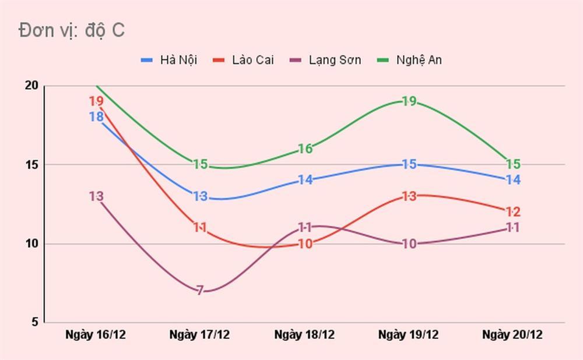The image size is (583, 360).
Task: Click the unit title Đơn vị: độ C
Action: click(x=71, y=30)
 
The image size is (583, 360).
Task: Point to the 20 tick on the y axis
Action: click(x=31, y=86)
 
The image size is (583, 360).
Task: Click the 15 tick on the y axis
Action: click(x=31, y=165)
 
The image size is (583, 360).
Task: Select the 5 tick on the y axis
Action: click(x=34, y=322)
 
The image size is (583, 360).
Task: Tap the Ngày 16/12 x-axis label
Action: click(x=96, y=335)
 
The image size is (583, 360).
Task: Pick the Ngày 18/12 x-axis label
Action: click(x=304, y=335)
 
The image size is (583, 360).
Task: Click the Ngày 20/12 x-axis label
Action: click(x=512, y=335)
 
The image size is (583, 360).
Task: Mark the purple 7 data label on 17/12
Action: click(x=200, y=291)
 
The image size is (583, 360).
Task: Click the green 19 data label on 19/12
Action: click(x=409, y=101)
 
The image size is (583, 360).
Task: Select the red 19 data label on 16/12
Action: click(x=96, y=101)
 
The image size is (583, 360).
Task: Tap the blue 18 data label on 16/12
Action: click(x=96, y=117)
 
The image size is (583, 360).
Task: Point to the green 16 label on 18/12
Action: click(x=305, y=149)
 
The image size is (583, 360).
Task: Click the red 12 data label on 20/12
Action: click(x=513, y=212)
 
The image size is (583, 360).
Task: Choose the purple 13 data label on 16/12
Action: click(x=96, y=196)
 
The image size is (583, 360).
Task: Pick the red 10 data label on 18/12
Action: click(x=305, y=244)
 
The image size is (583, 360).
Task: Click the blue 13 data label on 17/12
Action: click(x=200, y=196)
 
